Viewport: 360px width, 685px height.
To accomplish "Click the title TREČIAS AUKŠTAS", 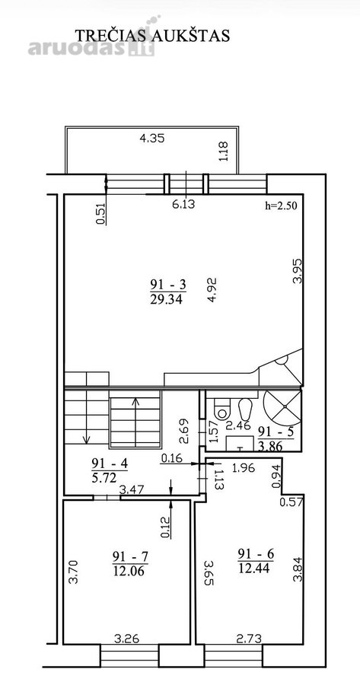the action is (152, 35).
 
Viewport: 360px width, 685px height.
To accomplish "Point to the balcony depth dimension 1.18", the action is (225, 151).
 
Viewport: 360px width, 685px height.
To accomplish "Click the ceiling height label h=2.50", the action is (282, 205).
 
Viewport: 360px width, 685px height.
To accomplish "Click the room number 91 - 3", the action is (168, 285).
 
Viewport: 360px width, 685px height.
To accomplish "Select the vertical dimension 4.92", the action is (213, 290).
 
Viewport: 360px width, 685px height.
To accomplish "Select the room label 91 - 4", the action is (110, 463).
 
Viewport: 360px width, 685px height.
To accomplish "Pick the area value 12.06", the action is (129, 571).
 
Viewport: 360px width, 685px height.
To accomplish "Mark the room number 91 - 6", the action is (256, 554).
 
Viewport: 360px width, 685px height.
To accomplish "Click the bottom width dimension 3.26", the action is (126, 639).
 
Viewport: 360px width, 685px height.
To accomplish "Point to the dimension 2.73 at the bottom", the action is (249, 639).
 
